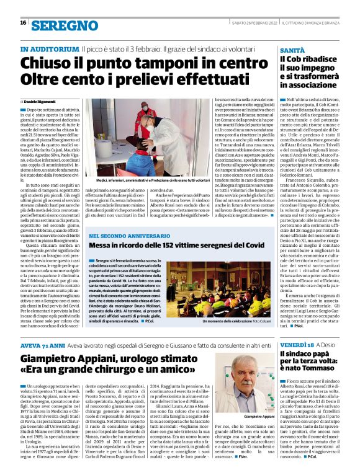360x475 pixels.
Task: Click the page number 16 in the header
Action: pyautogui.click(x=23, y=22)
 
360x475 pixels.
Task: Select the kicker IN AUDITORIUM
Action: pyautogui.click(x=50, y=48)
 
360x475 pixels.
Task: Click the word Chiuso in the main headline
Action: pyautogui.click(x=47, y=63)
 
